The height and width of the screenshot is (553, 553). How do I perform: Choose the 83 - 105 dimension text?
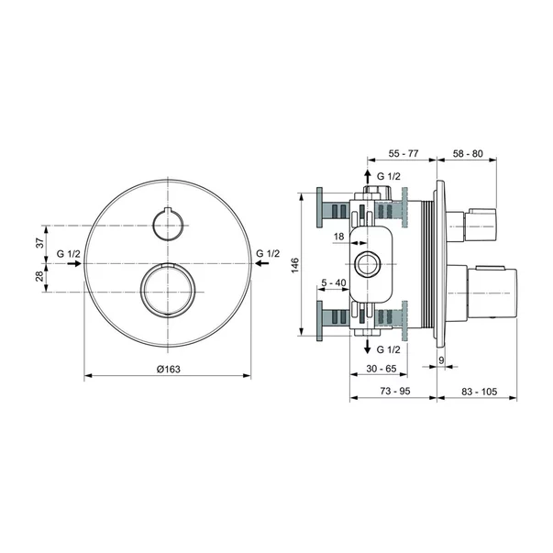click(475, 392)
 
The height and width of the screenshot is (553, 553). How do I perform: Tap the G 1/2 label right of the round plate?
click(269, 252)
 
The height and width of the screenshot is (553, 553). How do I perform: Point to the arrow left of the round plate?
click(74, 263)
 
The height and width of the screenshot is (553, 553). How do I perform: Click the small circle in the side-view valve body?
click(368, 264)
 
